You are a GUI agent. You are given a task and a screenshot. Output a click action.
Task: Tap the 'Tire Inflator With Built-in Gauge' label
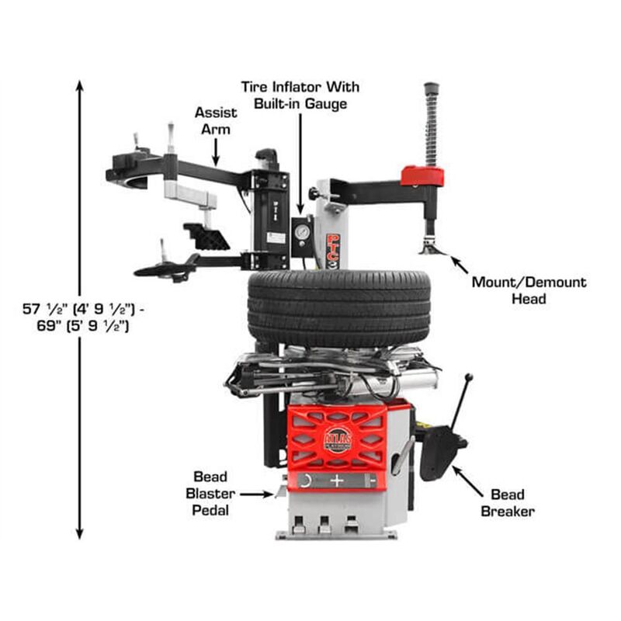[x=300, y=95]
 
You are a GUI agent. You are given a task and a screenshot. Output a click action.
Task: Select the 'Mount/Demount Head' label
[x=529, y=290]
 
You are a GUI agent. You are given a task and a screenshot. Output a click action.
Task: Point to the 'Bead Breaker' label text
[x=508, y=502]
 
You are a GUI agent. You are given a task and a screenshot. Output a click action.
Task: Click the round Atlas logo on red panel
[x=338, y=439]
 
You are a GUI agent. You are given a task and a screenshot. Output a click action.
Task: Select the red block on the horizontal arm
[x=422, y=175]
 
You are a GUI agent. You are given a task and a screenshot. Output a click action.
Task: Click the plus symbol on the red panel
[x=336, y=480]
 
